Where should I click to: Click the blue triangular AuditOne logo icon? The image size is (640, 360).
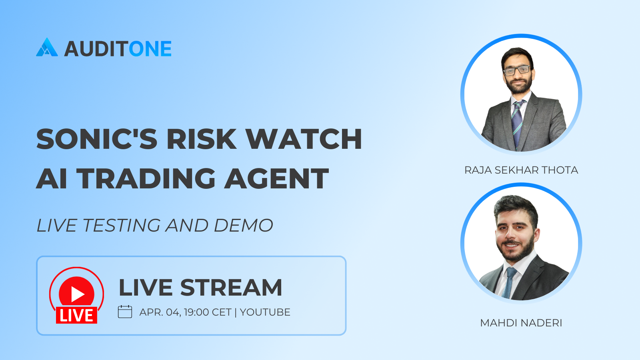tap(47, 47)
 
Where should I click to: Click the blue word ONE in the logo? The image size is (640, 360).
tap(150, 48)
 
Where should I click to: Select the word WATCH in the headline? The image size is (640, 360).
tap(304, 139)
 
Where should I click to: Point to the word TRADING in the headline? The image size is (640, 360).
tap(146, 178)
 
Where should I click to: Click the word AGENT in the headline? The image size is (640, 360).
tap(276, 178)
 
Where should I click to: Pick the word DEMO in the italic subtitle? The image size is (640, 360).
tap(244, 226)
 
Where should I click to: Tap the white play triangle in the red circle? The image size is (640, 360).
tap(77, 294)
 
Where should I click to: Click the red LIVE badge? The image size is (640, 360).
tap(76, 316)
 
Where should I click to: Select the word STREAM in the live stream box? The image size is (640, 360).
tap(231, 288)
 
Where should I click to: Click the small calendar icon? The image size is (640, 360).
tap(125, 312)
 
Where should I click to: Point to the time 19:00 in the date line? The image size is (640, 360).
tap(196, 312)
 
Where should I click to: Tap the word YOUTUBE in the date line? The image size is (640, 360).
tap(265, 312)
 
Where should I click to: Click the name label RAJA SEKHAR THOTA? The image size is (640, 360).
tap(521, 170)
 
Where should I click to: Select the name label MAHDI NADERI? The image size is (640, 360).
tap(521, 323)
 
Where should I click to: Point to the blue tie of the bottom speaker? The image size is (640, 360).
tap(509, 283)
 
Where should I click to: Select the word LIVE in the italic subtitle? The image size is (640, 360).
tap(56, 226)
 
